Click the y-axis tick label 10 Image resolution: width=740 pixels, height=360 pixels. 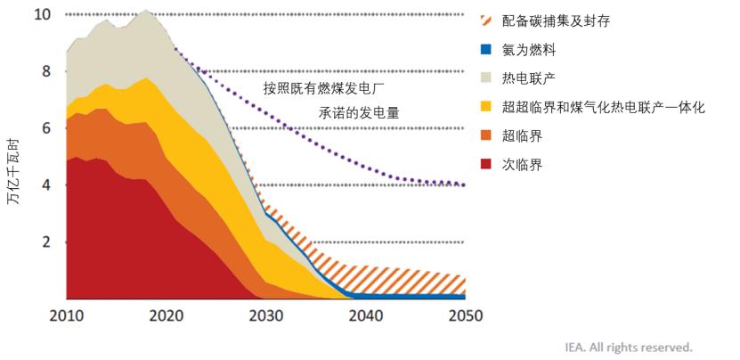(42, 14)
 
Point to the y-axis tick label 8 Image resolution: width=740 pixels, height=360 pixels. (47, 71)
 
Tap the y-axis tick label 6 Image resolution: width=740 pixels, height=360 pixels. (47, 128)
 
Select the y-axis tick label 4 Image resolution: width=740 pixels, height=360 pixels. (47, 185)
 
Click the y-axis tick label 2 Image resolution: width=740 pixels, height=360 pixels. (47, 242)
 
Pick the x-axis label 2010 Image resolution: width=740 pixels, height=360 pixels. (66, 315)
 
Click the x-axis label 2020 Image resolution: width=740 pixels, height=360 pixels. (166, 315)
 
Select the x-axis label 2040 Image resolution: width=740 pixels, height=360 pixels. (365, 315)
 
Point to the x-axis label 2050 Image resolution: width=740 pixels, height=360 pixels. (465, 315)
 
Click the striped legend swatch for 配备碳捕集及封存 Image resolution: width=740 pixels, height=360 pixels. (487, 19)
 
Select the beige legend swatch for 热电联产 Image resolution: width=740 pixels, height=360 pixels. (487, 78)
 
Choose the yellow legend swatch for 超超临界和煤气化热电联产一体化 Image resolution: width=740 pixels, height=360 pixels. (487, 107)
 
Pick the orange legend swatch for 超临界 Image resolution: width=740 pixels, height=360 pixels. (487, 135)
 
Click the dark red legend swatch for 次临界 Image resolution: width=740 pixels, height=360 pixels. (487, 164)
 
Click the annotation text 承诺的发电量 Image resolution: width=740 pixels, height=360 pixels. (360, 113)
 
